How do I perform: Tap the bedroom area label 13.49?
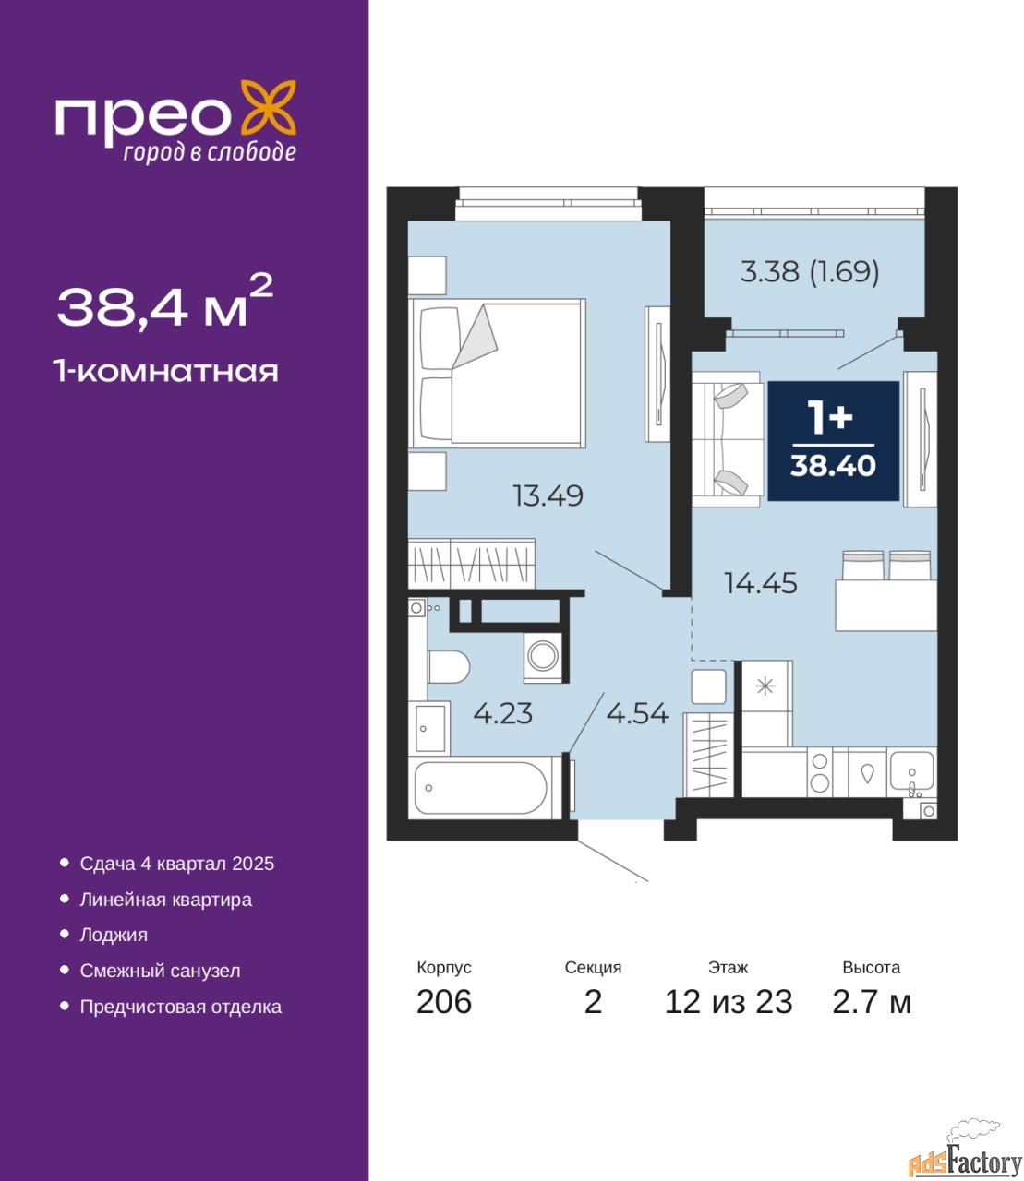coord(548,495)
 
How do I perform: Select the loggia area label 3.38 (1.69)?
coord(810,271)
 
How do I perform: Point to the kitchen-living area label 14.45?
coord(761,583)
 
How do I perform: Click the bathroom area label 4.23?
coord(503,713)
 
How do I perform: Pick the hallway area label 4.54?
coord(637,713)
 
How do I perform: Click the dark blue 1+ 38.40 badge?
coord(833,440)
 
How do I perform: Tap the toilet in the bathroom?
coord(449,666)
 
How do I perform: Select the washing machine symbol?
coord(543,656)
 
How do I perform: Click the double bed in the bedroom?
coord(497,373)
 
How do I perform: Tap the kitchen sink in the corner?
coord(912,773)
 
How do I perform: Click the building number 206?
coord(444,1002)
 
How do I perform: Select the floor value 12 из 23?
coord(729,1002)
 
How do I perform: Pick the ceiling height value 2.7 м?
coord(872,1002)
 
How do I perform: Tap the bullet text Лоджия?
coord(114,935)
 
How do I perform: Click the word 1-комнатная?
coord(166,372)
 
